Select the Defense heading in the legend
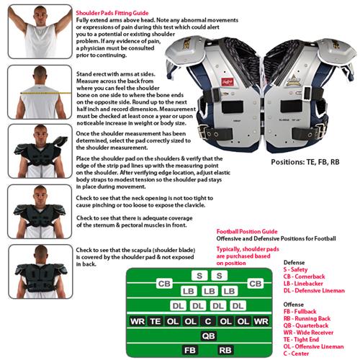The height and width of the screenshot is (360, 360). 295,263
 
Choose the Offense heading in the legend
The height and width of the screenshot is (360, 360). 294,304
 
